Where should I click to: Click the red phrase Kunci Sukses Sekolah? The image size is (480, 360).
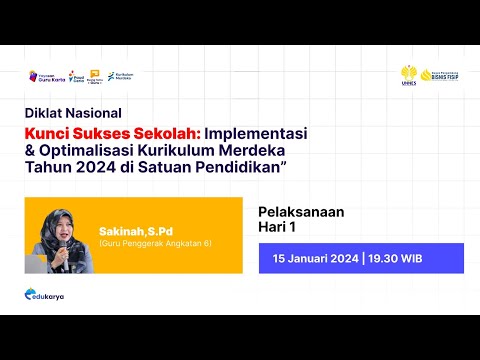click(111, 132)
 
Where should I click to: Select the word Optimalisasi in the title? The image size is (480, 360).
click(101, 148)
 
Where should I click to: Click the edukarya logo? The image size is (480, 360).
click(45, 295)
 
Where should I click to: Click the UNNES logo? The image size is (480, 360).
click(409, 76)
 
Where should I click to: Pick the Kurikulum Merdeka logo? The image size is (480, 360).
click(121, 76)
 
